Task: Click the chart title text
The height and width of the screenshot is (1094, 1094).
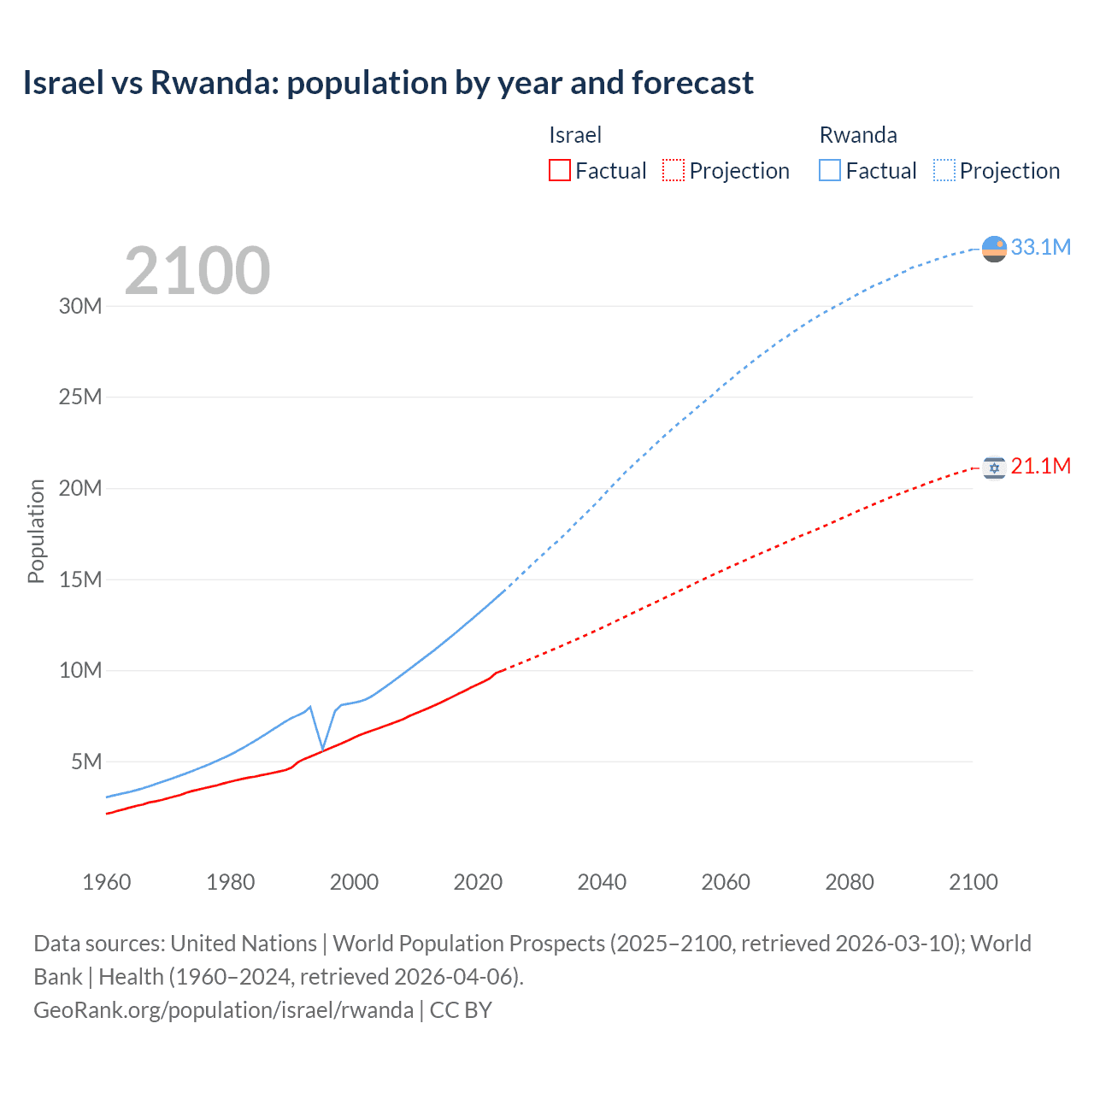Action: [x=388, y=83]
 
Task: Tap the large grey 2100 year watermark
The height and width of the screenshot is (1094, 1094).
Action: [x=197, y=271]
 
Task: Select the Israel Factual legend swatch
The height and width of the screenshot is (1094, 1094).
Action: [x=559, y=170]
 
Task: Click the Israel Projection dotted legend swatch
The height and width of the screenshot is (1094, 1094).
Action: [x=673, y=170]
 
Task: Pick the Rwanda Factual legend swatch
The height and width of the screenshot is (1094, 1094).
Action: [x=830, y=170]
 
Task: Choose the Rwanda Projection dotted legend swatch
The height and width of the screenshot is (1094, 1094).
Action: [x=944, y=170]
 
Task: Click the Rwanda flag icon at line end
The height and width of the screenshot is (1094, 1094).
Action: [x=994, y=249]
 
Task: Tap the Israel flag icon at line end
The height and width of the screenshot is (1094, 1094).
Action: [x=994, y=468]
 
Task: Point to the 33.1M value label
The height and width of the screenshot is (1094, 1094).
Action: [x=1040, y=247]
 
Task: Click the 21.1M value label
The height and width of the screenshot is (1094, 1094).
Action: [x=1040, y=466]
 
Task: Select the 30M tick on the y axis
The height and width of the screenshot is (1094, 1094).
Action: [x=80, y=306]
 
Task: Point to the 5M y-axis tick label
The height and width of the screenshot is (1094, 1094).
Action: [x=86, y=762]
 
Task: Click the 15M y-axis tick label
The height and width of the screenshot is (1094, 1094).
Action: [x=80, y=579]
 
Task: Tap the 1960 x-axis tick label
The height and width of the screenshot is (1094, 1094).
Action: [x=107, y=882]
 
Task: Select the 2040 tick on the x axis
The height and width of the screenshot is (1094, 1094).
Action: [x=602, y=882]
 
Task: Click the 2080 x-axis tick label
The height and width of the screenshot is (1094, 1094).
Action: [x=850, y=882]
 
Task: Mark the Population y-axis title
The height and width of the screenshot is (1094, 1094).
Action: [x=36, y=531]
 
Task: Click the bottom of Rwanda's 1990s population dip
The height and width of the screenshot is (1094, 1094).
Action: [x=323, y=749]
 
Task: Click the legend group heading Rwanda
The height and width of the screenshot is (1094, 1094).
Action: [x=858, y=135]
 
